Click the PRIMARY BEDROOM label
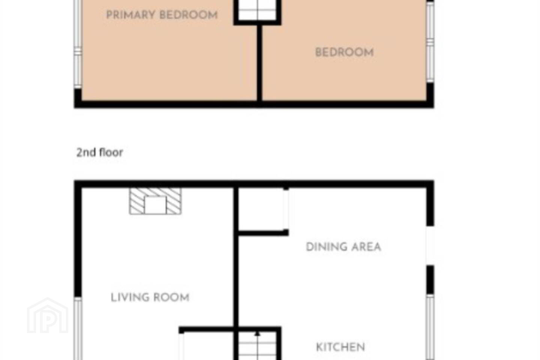coord(162,15)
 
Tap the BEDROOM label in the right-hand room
coord(345,52)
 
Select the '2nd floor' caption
coord(100,152)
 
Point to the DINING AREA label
coord(343,247)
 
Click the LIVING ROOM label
coord(150,297)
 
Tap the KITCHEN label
coord(340,347)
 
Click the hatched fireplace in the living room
coord(155,201)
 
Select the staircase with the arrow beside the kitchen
coord(258,346)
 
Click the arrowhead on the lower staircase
coord(258,334)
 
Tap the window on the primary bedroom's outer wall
coord(78,45)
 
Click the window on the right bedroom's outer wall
coord(430,42)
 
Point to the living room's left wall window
coord(78,328)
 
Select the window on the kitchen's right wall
coord(430,327)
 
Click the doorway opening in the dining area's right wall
coord(430,246)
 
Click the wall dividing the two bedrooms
coord(259,63)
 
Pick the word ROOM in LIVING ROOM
coord(171,297)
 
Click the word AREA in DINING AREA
coord(366,247)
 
